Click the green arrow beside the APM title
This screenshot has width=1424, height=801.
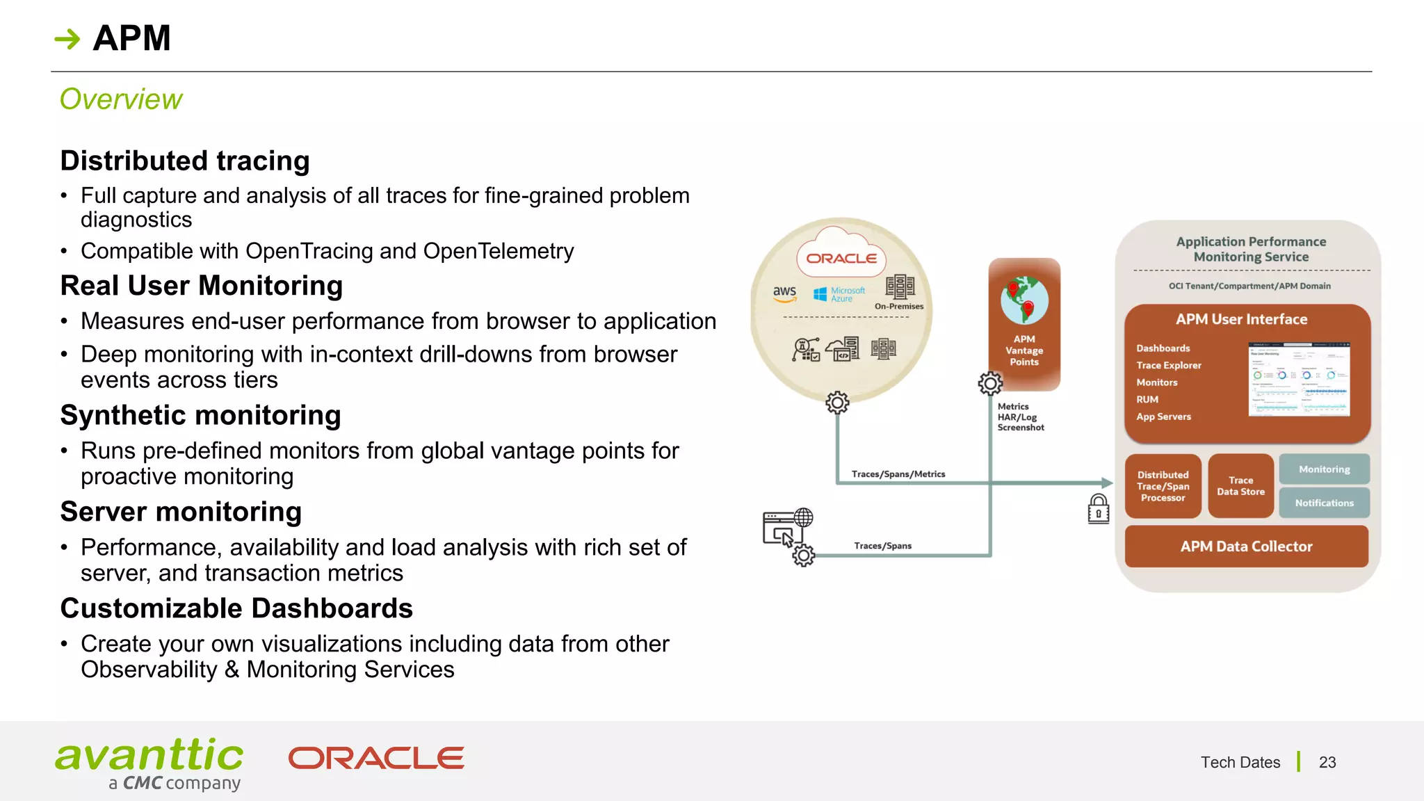67,39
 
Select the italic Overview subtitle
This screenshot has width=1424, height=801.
121,99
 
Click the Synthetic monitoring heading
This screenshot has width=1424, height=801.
200,416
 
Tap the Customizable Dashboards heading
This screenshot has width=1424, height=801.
236,608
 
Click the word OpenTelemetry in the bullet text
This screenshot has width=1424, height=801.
499,251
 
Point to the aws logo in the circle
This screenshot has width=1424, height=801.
784,293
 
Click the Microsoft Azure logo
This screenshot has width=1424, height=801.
839,294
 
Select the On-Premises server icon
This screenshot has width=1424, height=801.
900,287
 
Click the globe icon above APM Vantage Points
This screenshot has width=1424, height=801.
1024,300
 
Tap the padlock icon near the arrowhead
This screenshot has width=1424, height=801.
1099,509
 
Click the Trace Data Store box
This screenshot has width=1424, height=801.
1240,486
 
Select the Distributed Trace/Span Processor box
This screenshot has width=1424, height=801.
1163,486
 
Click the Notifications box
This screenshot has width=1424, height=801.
1324,503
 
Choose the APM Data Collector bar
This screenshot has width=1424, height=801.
1246,547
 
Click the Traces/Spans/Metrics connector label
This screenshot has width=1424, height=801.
898,474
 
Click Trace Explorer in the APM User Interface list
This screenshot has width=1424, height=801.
1169,366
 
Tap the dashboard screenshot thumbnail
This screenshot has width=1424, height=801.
1299,379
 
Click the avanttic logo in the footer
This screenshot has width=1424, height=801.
149,763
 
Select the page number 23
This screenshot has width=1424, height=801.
1327,763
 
